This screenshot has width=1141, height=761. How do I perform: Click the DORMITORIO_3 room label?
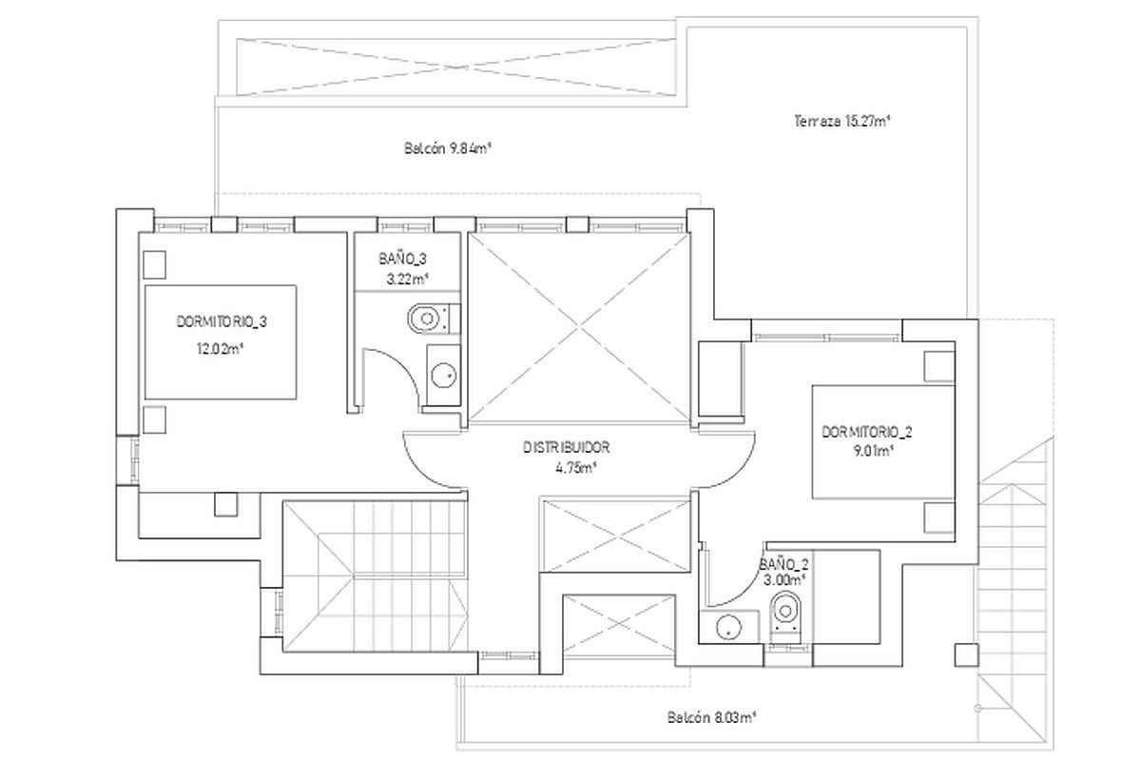(222, 322)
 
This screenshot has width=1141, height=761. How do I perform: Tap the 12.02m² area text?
(220, 349)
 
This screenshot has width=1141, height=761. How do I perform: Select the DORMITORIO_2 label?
(867, 432)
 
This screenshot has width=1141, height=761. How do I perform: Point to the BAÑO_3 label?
(402, 259)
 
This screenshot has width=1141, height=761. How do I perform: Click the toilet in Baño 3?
(434, 319)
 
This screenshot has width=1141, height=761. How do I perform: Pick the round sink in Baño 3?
(444, 376)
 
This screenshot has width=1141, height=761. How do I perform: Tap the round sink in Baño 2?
(728, 628)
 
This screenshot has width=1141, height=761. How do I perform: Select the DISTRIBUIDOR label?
(567, 447)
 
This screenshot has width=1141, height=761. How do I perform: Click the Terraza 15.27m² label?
(842, 122)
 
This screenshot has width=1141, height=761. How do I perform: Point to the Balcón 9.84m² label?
(447, 148)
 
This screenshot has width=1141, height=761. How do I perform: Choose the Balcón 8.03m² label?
(711, 718)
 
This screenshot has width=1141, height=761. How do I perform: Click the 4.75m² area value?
(575, 468)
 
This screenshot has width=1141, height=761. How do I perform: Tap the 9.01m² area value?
(875, 451)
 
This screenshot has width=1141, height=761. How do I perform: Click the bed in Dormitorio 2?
(882, 442)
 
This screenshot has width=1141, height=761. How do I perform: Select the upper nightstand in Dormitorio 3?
(154, 264)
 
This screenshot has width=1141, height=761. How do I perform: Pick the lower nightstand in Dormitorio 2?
(938, 517)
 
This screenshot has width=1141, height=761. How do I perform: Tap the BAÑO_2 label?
(783, 564)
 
